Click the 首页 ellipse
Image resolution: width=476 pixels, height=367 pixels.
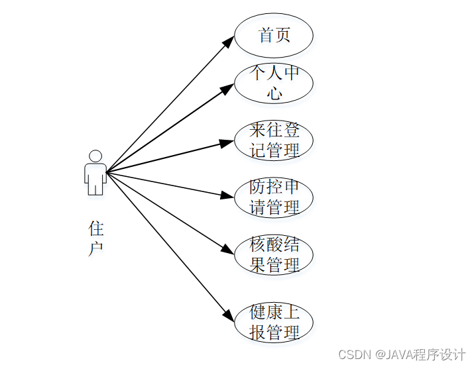(x=274, y=35)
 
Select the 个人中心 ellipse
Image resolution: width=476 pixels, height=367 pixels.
(x=274, y=83)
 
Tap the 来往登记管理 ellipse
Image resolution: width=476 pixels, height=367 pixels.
(x=274, y=140)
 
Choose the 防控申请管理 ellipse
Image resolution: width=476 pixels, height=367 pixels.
(x=274, y=197)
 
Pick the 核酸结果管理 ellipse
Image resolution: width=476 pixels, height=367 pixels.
(x=274, y=255)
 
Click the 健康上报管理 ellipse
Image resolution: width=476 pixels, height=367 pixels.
(x=274, y=322)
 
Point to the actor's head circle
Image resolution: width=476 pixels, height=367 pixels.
(x=95, y=156)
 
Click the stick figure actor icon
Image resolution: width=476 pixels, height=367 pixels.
(x=95, y=174)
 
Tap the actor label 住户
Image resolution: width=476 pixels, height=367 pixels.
(x=96, y=238)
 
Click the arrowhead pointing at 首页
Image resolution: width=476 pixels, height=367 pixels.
(x=228, y=41)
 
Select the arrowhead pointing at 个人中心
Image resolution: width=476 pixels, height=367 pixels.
(x=228, y=88)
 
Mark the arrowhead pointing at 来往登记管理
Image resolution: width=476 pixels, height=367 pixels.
(x=228, y=142)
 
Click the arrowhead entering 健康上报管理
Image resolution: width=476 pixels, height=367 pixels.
(x=229, y=316)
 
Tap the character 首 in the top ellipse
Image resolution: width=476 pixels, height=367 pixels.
(x=266, y=35)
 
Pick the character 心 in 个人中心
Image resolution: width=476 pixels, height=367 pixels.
(x=274, y=93)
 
